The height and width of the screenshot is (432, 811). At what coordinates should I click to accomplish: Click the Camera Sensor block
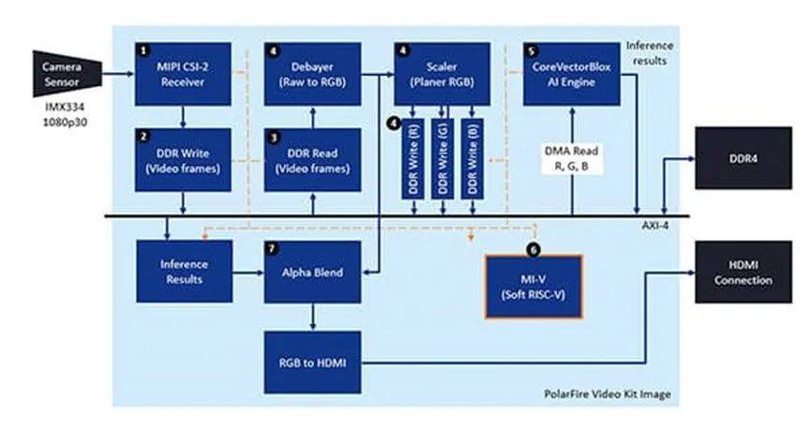point(66,71)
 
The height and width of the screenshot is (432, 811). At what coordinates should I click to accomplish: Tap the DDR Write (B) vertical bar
point(470,156)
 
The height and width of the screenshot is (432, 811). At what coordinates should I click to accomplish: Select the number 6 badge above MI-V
point(534,249)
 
